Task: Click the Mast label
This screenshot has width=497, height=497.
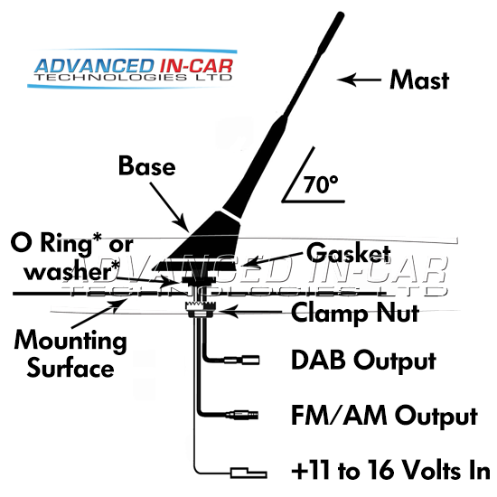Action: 419,80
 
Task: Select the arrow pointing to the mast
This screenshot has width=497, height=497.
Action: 359,80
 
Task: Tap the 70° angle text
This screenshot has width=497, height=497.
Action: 321,184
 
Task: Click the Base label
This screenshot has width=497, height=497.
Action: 146,166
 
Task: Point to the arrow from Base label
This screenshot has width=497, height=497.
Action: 169,207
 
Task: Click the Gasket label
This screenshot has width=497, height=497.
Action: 348,254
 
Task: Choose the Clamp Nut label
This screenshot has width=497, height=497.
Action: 355,313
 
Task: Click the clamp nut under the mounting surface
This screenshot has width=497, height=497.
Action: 201,309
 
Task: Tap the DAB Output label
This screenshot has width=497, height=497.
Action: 363,361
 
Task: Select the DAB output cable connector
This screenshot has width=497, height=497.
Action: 242,361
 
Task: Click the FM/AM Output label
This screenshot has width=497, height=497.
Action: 384,416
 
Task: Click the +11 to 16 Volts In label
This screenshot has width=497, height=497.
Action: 390,472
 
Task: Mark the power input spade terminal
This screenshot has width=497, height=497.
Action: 248,474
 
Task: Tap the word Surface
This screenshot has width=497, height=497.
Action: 70,369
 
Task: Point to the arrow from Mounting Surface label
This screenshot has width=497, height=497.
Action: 98,314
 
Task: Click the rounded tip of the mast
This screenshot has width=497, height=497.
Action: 341,14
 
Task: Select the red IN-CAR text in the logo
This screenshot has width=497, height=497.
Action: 196,66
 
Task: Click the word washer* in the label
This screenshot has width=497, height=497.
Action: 72,272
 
